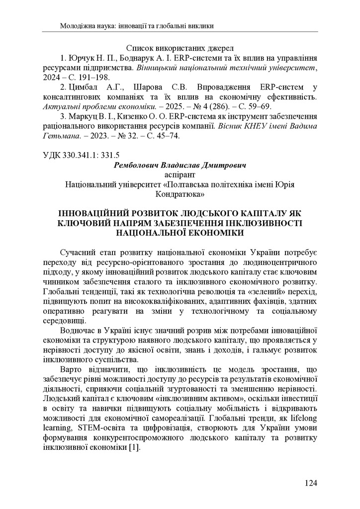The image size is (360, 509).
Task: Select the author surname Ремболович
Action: point(140,164)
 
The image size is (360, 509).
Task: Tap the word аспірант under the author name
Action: point(180,174)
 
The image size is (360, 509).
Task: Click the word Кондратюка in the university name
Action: point(180,193)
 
